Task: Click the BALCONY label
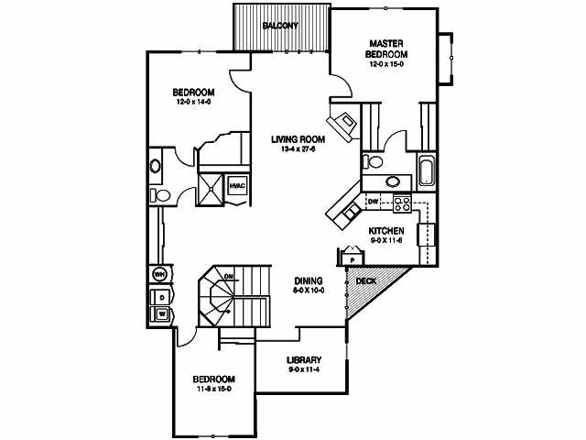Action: (280, 25)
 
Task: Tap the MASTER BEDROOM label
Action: (387, 49)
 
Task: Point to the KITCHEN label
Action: (386, 230)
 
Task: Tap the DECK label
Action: (366, 281)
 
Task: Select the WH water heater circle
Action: (159, 274)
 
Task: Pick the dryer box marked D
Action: (160, 296)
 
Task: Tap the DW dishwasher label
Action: (373, 201)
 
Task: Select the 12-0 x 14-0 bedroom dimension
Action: (193, 102)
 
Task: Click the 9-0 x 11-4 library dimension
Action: (302, 369)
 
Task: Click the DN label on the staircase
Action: (230, 276)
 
